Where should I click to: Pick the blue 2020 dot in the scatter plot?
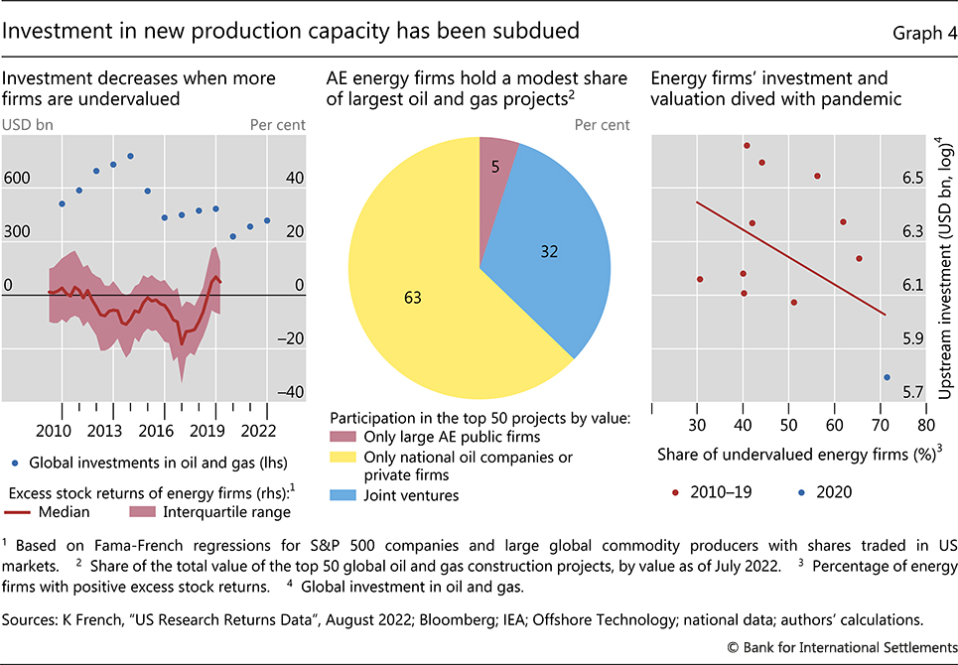(x=887, y=377)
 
